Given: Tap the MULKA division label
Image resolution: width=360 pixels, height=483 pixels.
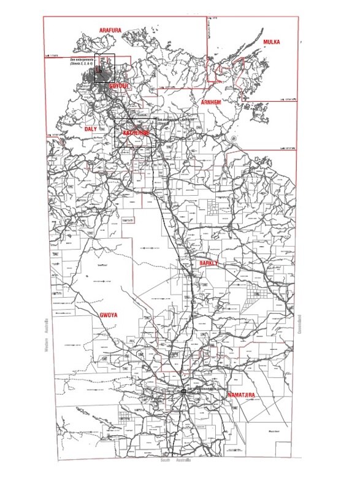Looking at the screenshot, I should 272,42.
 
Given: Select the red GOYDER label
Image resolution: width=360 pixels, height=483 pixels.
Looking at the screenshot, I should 119,87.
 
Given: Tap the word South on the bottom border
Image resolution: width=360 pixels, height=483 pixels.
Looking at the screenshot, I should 164,460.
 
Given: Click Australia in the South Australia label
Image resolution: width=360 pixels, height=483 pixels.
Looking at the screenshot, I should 183,460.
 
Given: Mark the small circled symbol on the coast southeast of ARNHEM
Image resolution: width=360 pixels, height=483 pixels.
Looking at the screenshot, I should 234,139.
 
